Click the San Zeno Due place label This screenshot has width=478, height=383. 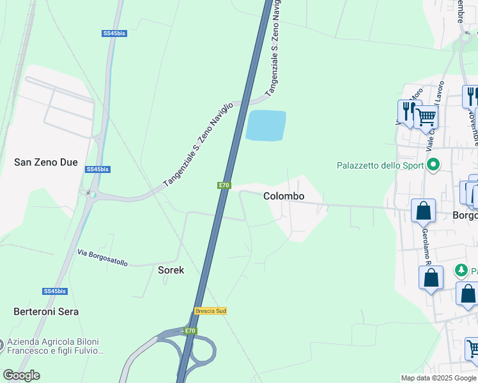[46, 163]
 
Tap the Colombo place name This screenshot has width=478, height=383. [284, 197]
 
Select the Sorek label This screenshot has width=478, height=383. [171, 270]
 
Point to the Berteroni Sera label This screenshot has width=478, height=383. [46, 312]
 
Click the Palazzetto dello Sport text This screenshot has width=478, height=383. [380, 166]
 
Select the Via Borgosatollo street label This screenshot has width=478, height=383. [102, 258]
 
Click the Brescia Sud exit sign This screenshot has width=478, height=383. [210, 311]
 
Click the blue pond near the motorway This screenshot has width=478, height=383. [266, 125]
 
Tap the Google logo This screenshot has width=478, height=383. [21, 375]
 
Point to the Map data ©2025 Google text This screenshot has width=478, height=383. [438, 378]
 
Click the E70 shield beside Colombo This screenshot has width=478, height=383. [223, 185]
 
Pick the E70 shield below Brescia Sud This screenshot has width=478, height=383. [190, 331]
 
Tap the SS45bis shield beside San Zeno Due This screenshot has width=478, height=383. [98, 169]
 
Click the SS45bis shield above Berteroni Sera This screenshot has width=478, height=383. [54, 291]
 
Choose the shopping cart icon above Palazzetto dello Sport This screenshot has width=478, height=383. [426, 117]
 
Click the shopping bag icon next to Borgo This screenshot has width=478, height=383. [423, 210]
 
